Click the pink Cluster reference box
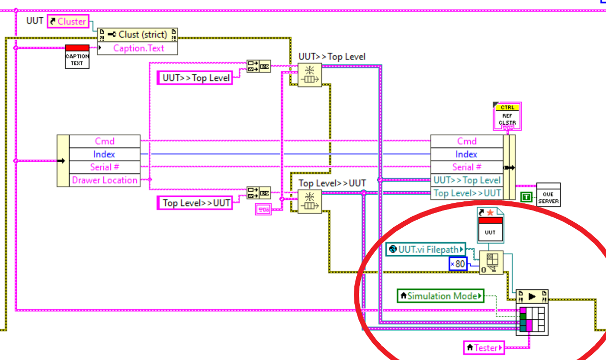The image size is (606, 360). (68, 21)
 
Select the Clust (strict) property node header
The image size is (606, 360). (138, 35)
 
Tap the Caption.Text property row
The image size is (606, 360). (138, 48)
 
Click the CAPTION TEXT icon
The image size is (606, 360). (77, 56)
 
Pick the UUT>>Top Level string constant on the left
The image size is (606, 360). (195, 78)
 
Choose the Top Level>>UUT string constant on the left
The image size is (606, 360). (195, 203)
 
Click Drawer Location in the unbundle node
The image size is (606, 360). (104, 180)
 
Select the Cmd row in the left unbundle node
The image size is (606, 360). (104, 141)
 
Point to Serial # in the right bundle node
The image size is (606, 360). (467, 167)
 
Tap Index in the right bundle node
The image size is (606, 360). (467, 154)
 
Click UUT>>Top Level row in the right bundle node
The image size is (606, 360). (467, 180)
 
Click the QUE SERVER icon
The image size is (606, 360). (549, 194)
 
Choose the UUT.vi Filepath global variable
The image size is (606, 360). (426, 249)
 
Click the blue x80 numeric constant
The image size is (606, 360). (458, 264)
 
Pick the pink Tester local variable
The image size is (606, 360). (484, 348)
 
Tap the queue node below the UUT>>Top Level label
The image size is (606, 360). (309, 76)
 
